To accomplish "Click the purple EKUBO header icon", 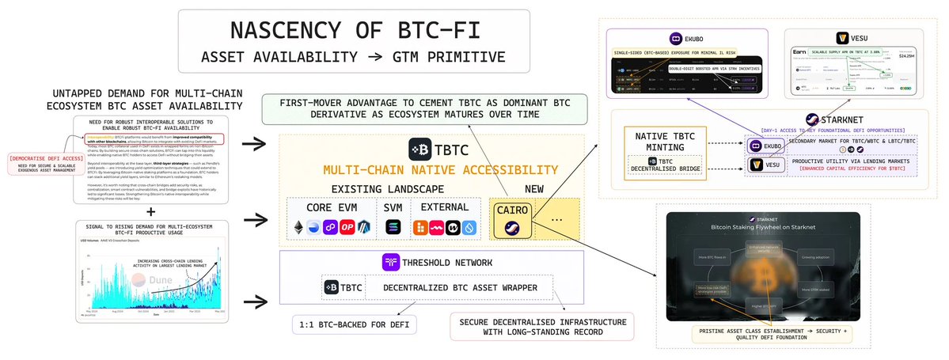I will click(x=677, y=37).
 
